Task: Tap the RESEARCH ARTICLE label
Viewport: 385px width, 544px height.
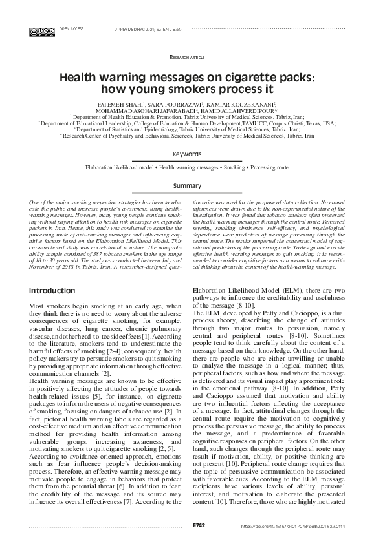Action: click(x=192, y=57)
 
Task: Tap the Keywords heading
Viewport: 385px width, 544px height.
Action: click(x=192, y=154)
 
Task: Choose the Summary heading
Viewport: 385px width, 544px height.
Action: click(x=192, y=185)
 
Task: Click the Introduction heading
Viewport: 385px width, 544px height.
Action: click(x=56, y=291)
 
